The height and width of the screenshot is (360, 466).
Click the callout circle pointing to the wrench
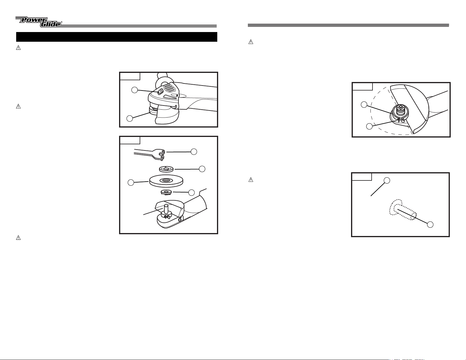194,152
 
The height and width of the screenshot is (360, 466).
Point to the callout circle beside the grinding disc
131,182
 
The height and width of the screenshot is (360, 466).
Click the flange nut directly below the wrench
166,169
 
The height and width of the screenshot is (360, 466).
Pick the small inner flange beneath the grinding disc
166,192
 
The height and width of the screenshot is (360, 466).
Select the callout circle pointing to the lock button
134,90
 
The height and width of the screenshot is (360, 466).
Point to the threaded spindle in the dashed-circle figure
399,110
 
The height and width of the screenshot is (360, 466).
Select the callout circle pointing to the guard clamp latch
369,126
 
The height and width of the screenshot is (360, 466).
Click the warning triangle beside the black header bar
19,48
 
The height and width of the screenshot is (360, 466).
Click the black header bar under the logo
117,37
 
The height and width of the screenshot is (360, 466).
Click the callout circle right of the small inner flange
191,192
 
